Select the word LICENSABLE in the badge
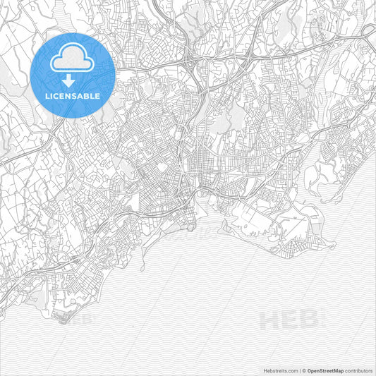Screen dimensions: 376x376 point(73,95)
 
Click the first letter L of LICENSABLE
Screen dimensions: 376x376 point(47,95)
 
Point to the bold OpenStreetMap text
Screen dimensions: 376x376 point(325,370)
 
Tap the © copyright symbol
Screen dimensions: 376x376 point(302,370)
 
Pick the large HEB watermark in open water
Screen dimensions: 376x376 point(289,320)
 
